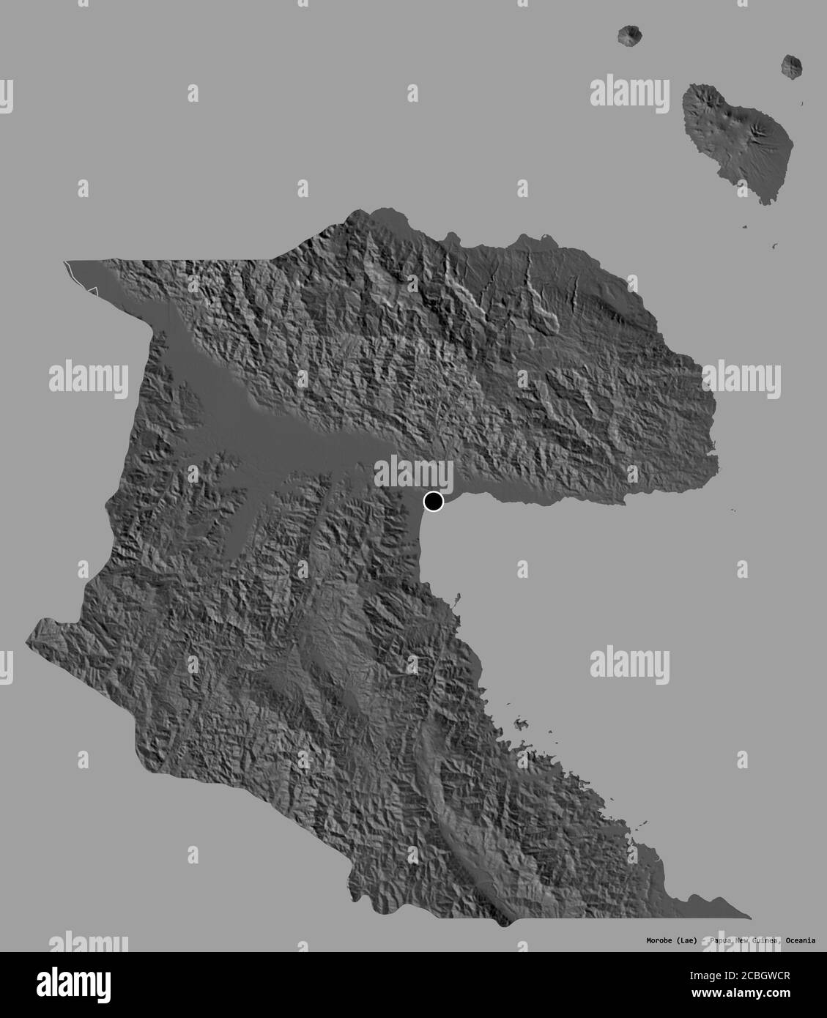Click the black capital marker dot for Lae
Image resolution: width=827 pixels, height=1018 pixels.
(434, 502)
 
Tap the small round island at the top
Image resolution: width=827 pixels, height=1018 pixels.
(628, 34)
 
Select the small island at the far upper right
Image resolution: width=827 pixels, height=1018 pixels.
(791, 67)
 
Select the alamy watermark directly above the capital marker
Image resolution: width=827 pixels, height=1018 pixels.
(414, 472)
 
